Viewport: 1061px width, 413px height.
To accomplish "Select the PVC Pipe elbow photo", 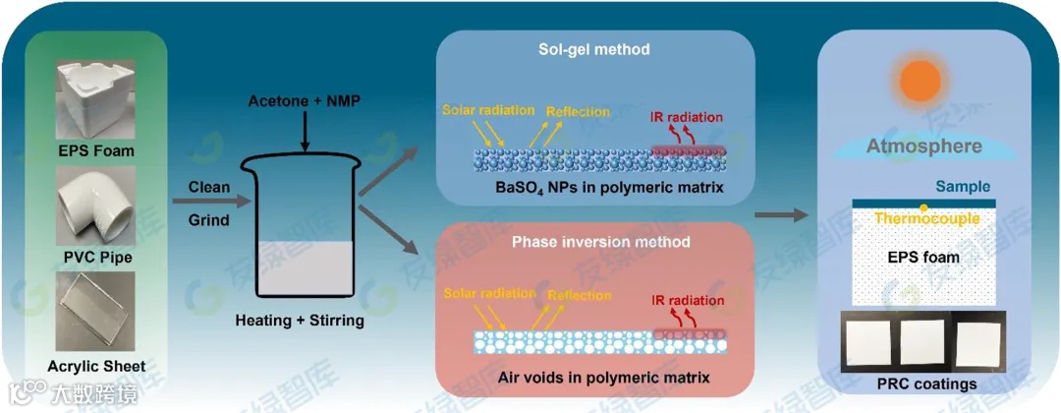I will [94, 206].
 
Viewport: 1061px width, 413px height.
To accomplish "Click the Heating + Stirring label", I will [300, 321].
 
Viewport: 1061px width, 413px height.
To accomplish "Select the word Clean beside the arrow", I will [209, 187].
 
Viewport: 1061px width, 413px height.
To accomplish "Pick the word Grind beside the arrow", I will [208, 220].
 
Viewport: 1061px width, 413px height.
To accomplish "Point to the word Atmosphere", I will [923, 147].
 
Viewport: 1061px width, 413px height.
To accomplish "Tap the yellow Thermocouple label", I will [926, 218].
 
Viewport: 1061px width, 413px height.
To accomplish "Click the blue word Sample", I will [963, 186].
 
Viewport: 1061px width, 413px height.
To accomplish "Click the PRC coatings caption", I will [924, 383].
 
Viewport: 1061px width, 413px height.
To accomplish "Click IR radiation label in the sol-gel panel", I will [687, 117].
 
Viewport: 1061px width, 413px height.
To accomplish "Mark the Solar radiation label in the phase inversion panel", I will [488, 293].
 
